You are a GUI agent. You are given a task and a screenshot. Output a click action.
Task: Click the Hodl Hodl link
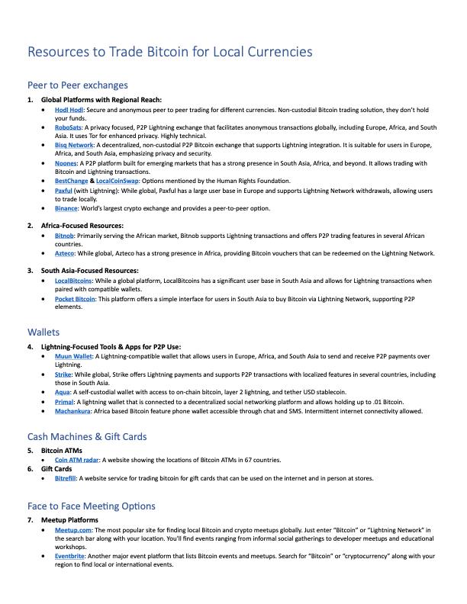coord(69,110)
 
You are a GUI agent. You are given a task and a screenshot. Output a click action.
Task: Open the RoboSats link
coord(69,127)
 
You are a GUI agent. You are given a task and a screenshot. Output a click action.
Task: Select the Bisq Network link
coord(74,144)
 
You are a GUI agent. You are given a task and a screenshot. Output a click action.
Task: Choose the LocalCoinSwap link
coord(117,180)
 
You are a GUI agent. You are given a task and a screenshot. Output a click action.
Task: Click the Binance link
coord(67,207)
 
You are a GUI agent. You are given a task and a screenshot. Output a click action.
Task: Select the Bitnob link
coord(65,236)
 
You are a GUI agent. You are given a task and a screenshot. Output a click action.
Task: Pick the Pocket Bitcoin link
coord(75,299)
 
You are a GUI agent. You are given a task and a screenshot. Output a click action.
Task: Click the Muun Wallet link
coord(74,356)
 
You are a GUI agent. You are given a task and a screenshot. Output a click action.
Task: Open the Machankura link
coord(75,410)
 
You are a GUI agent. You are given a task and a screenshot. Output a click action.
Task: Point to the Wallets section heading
coord(43,333)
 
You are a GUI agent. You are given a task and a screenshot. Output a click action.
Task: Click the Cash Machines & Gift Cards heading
coord(86,437)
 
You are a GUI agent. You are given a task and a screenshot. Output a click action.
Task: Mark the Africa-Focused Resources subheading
coord(82,226)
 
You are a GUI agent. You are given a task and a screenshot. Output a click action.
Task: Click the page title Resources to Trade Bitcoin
coord(169,52)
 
